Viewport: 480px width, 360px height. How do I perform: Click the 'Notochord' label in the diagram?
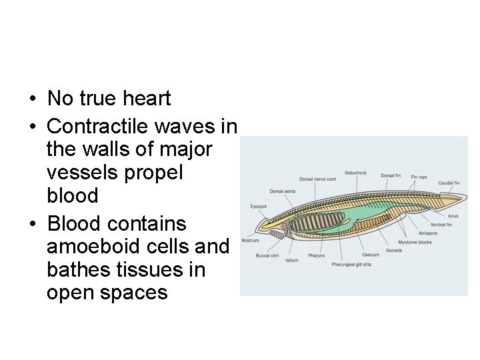pos(355,173)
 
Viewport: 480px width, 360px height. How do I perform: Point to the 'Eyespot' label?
pos(259,206)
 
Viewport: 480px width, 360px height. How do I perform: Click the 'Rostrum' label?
pos(250,240)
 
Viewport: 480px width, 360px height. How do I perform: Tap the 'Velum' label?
pos(291,260)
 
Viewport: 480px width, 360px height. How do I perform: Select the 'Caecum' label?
pos(371,255)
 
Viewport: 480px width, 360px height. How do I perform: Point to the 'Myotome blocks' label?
pos(415,242)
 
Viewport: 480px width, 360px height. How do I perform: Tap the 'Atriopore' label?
pos(427,233)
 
